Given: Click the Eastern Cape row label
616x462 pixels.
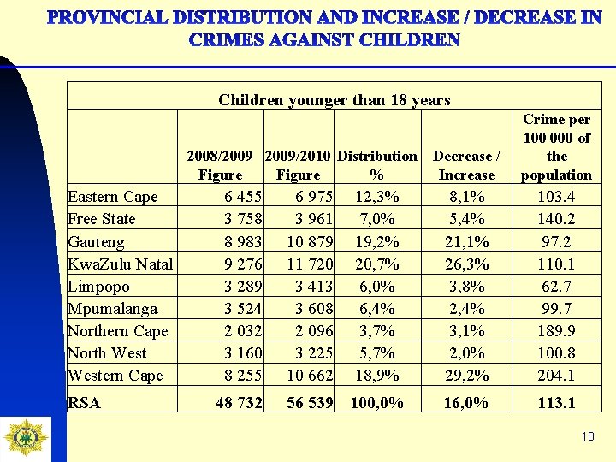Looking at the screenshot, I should coord(112,197).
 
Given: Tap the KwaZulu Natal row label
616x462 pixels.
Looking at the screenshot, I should coord(120,264).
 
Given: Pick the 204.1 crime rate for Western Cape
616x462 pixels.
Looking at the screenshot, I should coord(556,375).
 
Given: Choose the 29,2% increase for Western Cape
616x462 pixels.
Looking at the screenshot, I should coord(467,375).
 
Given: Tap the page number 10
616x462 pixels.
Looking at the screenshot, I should coord(587,437).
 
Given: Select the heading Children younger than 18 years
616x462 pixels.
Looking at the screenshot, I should coord(334,100).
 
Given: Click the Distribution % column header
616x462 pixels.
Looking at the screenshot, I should coord(377,165).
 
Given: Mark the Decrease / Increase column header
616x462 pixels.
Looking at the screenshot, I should coord(466,165).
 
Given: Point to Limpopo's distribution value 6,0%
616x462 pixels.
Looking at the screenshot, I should coord(377,286).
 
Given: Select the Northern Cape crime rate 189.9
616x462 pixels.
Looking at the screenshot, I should coord(556,330).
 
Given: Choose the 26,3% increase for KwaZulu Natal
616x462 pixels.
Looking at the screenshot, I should coord(467,264).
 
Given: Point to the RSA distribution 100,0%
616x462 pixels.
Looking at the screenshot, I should coord(376,403).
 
